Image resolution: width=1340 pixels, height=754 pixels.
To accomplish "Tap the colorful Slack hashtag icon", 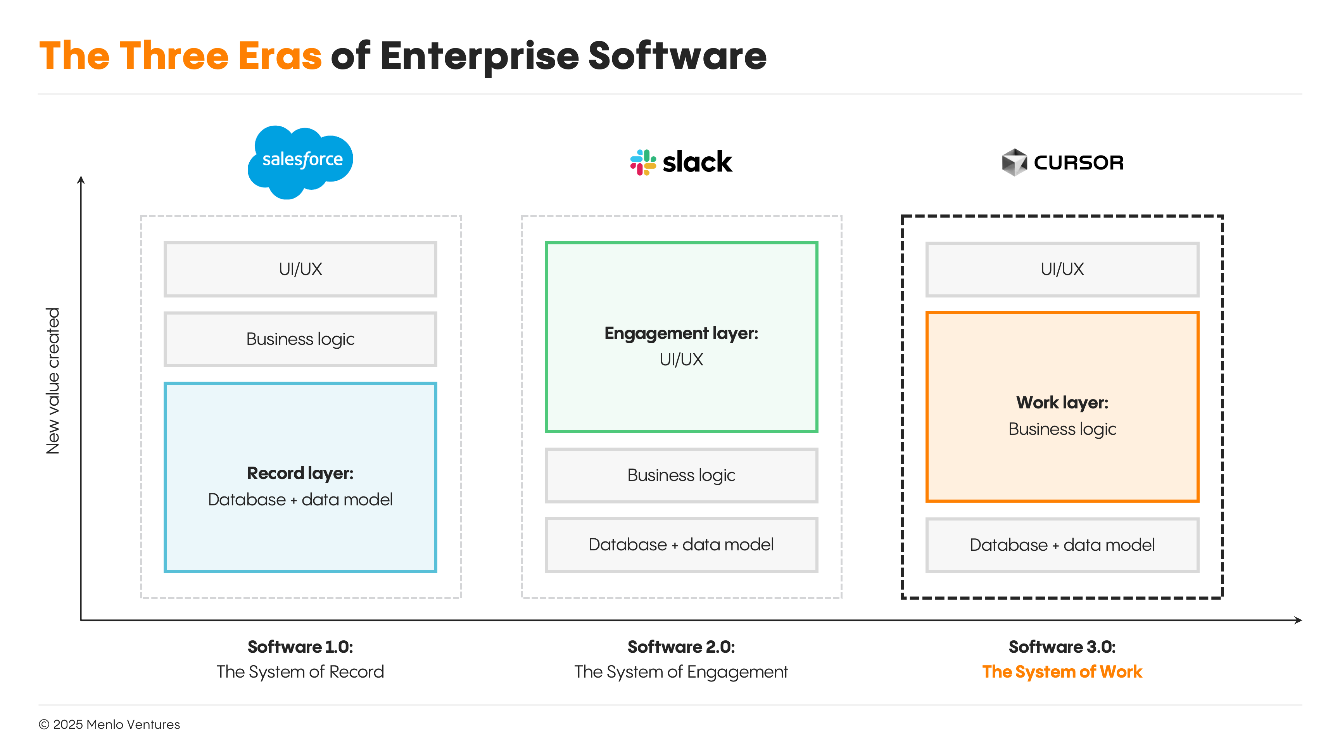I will tap(643, 163).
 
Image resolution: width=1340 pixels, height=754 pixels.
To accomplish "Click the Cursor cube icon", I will tap(1014, 163).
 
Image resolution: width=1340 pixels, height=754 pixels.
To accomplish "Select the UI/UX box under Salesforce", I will tap(300, 269).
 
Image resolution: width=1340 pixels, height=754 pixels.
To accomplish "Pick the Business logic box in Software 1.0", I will tap(300, 339).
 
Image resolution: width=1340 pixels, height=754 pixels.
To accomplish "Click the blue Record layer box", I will tap(300, 477).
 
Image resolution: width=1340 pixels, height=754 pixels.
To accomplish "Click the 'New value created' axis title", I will tap(53, 381).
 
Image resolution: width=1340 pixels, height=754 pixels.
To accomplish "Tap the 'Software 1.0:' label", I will tap(300, 647).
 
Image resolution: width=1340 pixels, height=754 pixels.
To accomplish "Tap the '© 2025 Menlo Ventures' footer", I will tap(109, 725).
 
